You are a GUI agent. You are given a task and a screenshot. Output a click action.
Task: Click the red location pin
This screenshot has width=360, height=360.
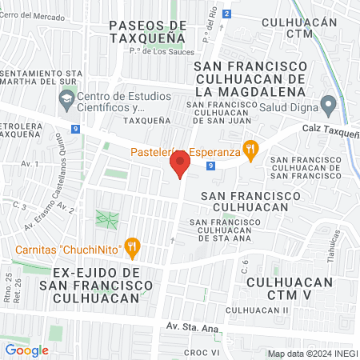point(179,164)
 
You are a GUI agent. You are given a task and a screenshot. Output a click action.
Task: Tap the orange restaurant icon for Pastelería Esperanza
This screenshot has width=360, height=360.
point(251,149)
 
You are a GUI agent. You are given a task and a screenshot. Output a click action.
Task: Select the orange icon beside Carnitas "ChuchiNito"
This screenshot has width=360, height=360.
point(134,248)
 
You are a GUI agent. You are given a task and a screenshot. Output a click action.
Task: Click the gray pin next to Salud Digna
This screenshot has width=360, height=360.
point(328,104)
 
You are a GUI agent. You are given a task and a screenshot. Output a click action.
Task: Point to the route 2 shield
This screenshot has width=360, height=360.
point(227,14)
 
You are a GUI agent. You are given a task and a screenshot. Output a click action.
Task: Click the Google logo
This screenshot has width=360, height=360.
point(26,350)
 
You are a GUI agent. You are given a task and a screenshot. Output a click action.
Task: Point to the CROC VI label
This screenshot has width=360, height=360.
point(202,352)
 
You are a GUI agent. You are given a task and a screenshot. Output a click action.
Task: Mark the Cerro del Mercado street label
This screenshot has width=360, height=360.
point(34,16)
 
